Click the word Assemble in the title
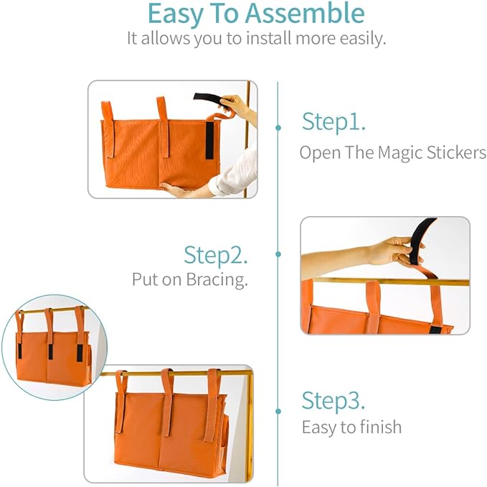[x=311, y=14]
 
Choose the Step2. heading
[x=216, y=255]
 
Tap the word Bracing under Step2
[x=219, y=280]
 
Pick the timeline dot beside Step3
[x=278, y=411]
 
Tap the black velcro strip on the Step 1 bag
[x=210, y=140]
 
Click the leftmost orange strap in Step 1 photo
[x=108, y=129]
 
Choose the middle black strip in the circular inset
[x=51, y=351]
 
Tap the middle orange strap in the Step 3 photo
[x=166, y=402]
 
